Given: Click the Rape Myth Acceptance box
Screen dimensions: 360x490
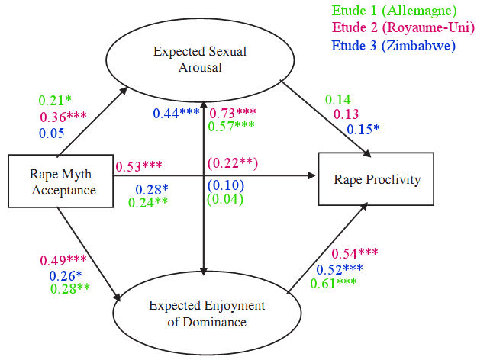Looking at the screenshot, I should point(60,182).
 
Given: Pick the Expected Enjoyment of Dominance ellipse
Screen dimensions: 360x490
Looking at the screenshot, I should point(208,313).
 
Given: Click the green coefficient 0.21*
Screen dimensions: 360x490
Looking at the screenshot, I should point(55,101).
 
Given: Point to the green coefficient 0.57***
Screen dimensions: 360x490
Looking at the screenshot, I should point(232,127).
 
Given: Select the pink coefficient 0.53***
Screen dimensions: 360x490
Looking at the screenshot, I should point(140,166).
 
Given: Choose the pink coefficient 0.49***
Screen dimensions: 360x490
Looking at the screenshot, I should point(66,260).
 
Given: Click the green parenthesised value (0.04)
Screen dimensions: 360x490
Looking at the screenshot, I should point(224,200).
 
